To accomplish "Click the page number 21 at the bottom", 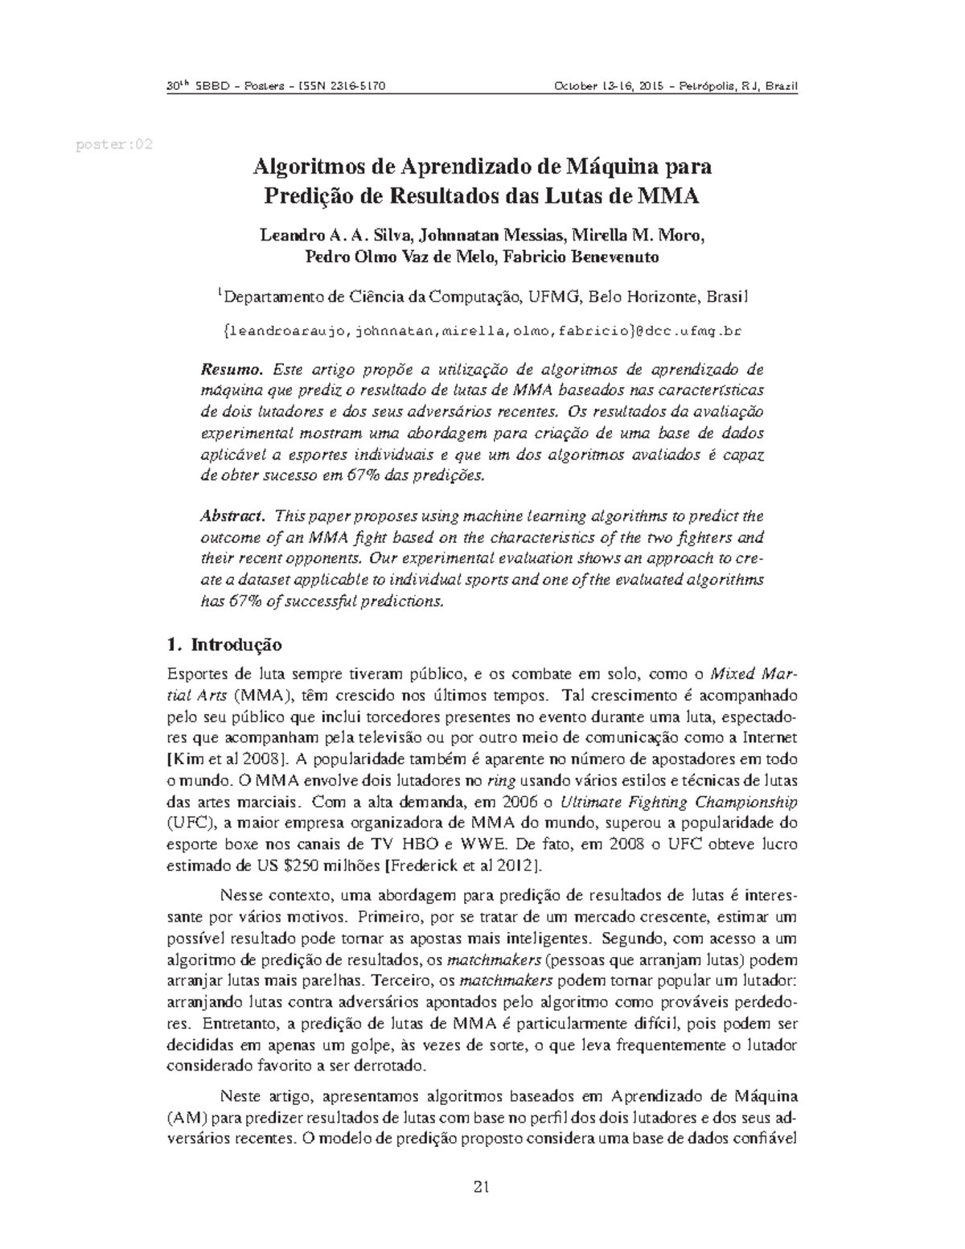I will coord(482,1187).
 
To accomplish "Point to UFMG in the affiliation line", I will coord(553,298).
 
